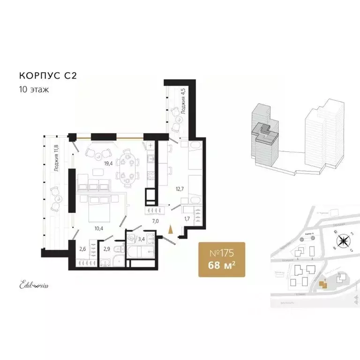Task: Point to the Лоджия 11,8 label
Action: (56, 158)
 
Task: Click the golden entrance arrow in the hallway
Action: (171, 229)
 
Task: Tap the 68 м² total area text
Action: (222, 266)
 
